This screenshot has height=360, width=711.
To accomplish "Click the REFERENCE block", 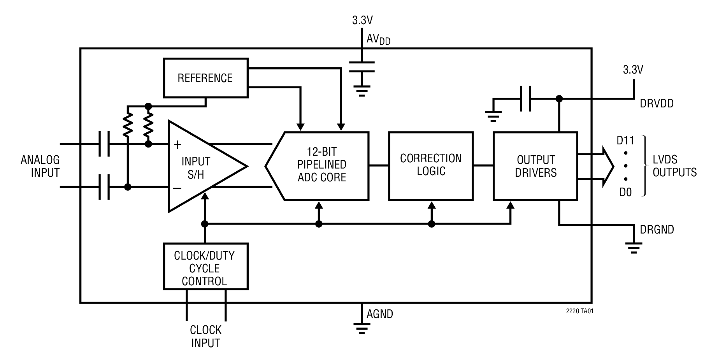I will click(205, 78).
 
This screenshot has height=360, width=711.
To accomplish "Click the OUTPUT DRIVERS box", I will click(535, 166).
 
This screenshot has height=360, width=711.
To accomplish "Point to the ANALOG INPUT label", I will click(40, 166).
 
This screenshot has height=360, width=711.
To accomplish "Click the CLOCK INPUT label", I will click(205, 337).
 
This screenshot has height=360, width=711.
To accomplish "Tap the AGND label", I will click(379, 314).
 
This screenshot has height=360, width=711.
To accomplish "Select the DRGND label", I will click(657, 230).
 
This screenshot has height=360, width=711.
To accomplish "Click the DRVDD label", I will click(657, 104).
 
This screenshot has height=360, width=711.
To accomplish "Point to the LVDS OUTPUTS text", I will click(674, 166).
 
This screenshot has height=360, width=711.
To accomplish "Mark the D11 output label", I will click(625, 140).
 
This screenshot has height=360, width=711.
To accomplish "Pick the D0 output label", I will click(625, 192).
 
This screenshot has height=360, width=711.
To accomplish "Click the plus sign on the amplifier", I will click(177, 145).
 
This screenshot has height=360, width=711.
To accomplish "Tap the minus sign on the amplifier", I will click(177, 189).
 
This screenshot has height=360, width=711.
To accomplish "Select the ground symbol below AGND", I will click(362, 329).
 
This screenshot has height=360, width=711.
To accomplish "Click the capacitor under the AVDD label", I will click(362, 67).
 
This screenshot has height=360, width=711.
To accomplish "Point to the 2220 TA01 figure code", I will click(579, 311).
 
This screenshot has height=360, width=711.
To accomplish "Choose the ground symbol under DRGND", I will click(634, 248).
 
